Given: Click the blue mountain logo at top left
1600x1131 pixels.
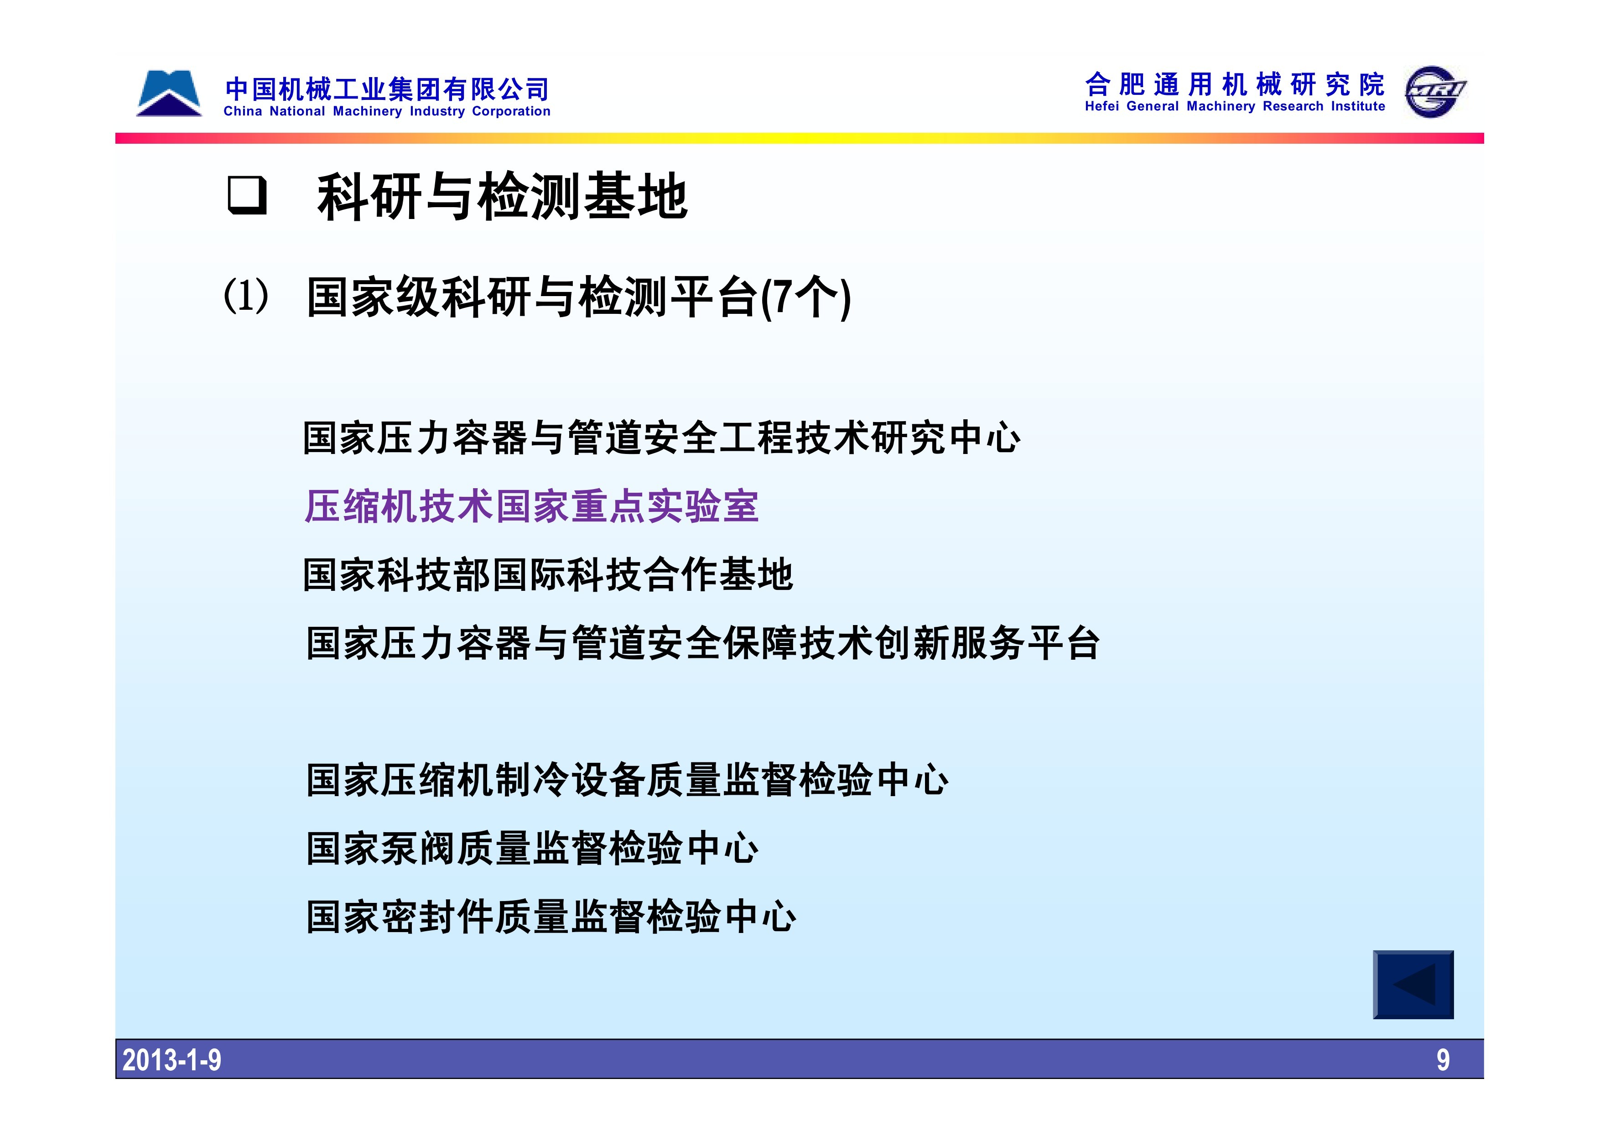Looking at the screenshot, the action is (x=169, y=93).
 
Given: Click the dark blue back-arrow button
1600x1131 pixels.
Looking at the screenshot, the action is (x=1413, y=985).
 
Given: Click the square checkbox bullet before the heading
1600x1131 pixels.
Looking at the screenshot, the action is (x=247, y=196).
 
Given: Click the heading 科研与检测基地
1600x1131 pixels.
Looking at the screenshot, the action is (x=503, y=197).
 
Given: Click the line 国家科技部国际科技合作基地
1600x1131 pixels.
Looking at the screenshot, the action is (x=548, y=575).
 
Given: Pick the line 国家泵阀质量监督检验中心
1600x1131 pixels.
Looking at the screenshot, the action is (x=532, y=849).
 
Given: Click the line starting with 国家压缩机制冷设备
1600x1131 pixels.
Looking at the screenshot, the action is (x=627, y=780).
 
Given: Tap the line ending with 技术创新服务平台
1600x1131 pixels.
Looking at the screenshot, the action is (x=703, y=642).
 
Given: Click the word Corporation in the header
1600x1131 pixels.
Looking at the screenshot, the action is (x=511, y=111).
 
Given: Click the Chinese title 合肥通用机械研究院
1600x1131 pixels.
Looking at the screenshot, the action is (x=1235, y=84).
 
